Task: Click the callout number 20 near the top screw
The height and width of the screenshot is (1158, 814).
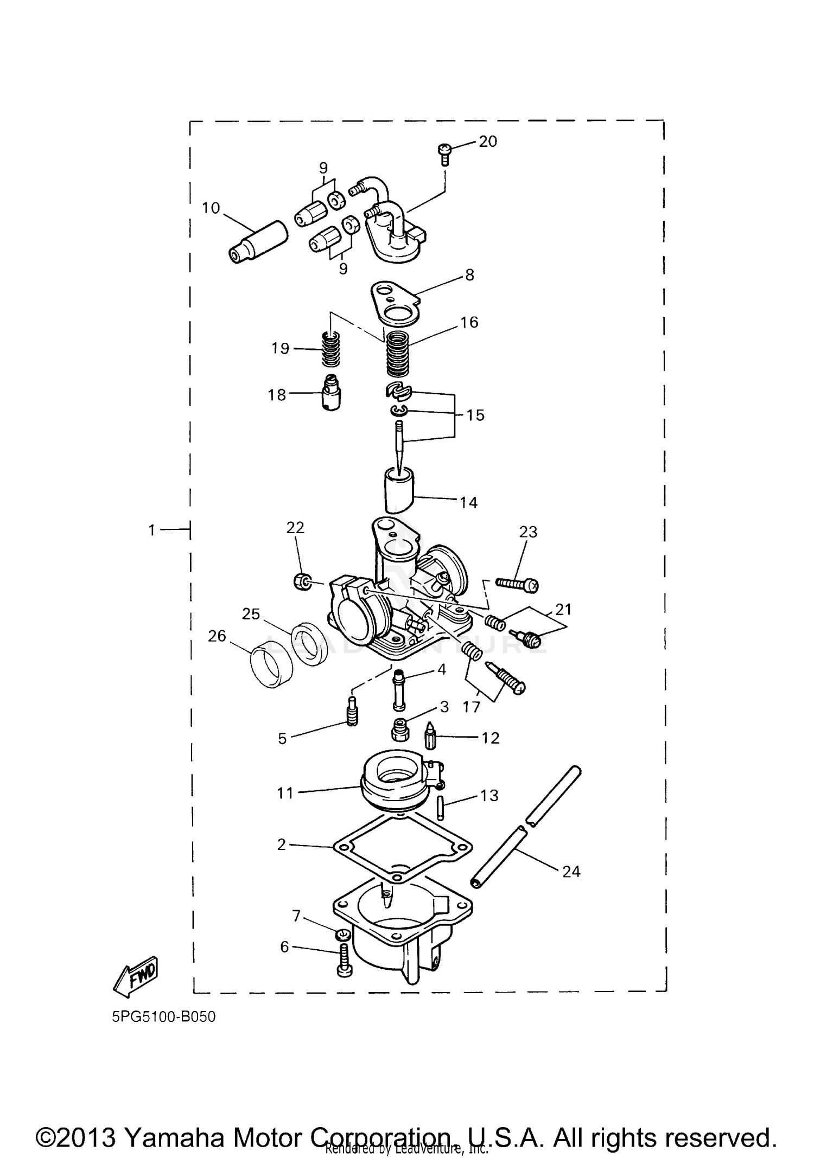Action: click(x=488, y=142)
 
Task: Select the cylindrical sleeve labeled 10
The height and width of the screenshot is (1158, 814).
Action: click(x=258, y=242)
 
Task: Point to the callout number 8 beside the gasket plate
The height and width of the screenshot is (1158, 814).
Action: click(x=469, y=275)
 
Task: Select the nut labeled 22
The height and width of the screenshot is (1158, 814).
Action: click(x=301, y=583)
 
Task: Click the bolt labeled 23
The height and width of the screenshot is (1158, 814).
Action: click(x=517, y=584)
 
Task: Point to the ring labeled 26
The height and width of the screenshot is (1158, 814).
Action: click(x=271, y=663)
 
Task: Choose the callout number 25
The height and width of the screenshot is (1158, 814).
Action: click(x=251, y=614)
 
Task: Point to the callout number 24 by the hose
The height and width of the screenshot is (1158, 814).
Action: click(x=571, y=872)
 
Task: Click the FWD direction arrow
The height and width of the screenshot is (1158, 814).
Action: click(x=135, y=976)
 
